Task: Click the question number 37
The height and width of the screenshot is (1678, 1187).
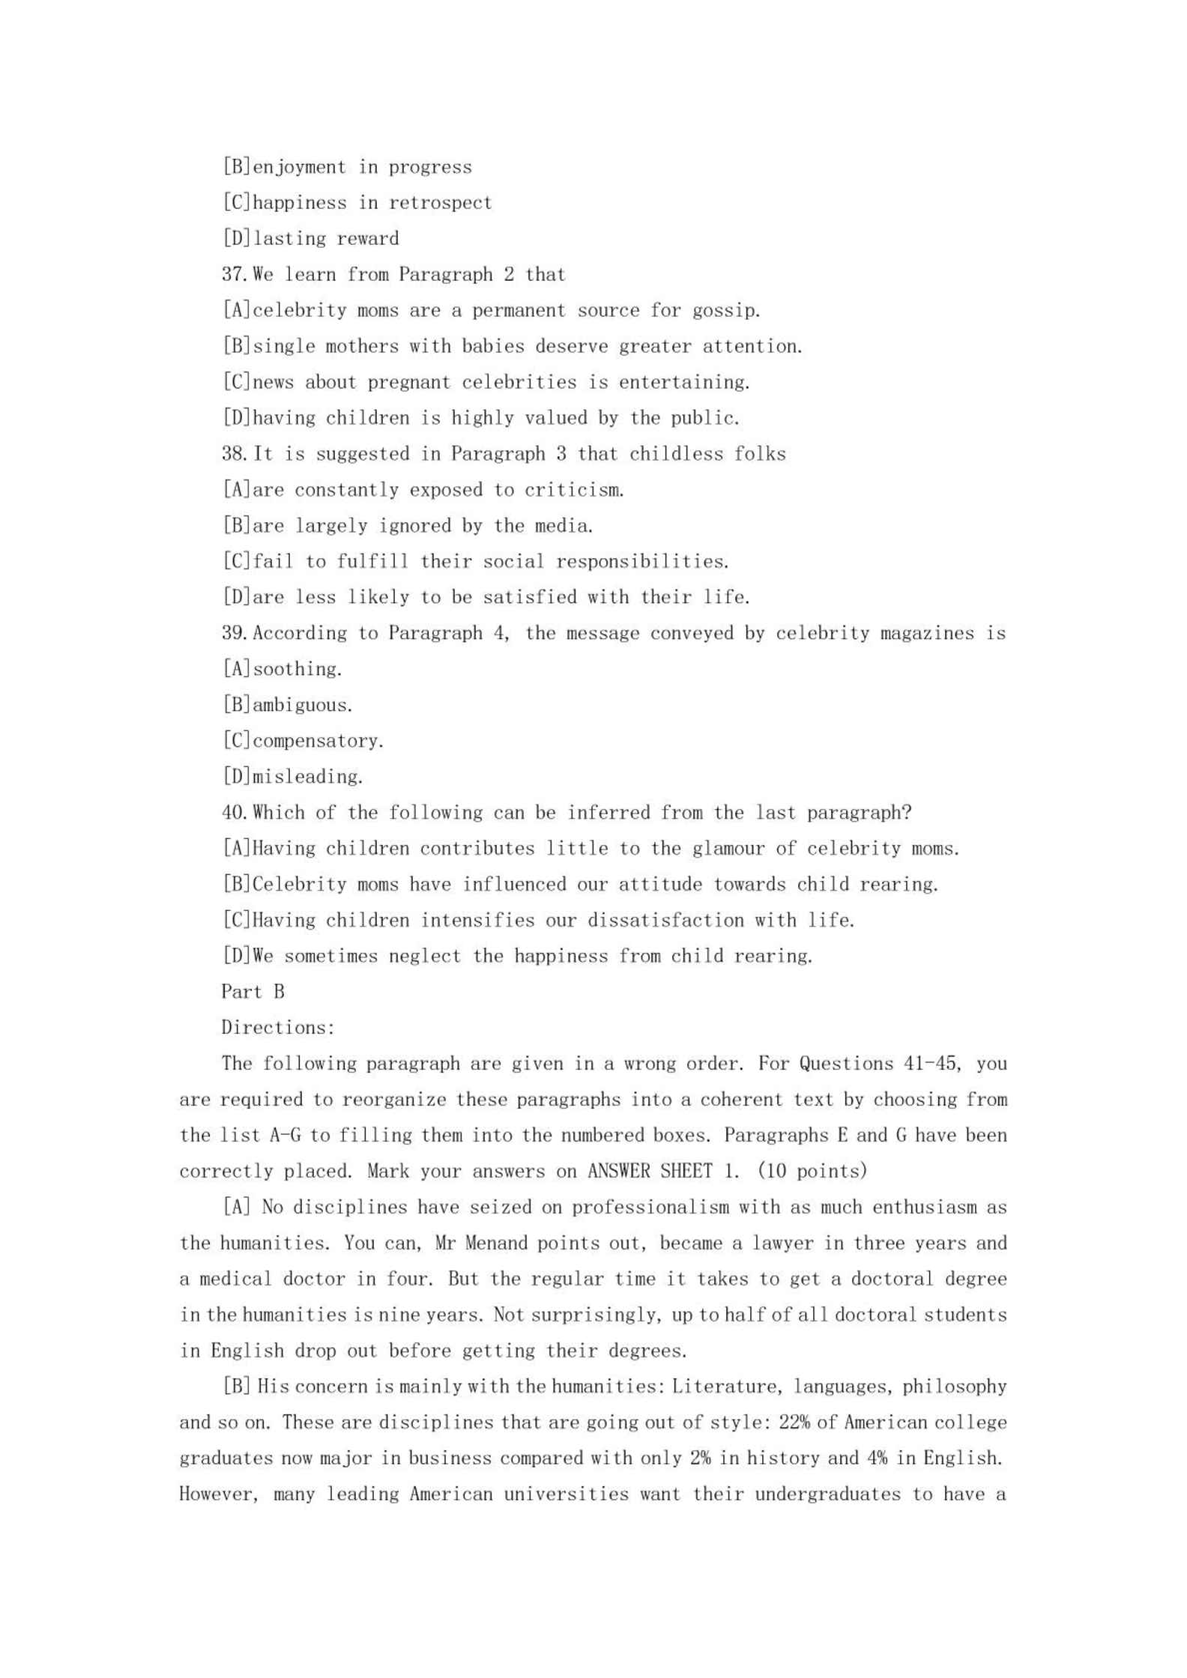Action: (234, 274)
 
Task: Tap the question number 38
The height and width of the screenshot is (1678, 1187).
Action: (234, 454)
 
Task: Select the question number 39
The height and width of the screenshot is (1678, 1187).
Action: (234, 633)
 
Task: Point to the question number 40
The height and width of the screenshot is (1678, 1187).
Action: (234, 813)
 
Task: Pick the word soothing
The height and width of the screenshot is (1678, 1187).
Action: (297, 669)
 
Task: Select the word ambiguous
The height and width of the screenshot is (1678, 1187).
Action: (302, 705)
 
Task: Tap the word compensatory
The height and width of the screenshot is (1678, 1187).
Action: (318, 741)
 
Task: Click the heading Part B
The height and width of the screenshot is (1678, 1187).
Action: (253, 992)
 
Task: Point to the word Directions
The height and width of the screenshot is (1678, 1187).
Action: (277, 1028)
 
